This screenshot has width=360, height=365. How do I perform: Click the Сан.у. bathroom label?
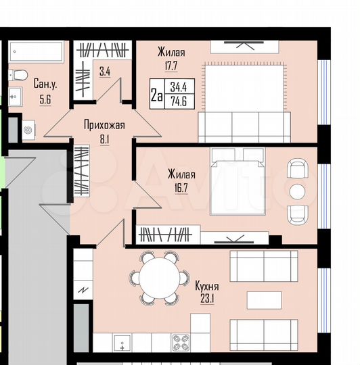pos(45,84)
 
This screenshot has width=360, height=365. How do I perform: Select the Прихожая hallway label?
pos(104,124)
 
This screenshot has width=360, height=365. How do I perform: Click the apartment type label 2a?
pos(156,96)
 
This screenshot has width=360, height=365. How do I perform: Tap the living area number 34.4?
pos(179,87)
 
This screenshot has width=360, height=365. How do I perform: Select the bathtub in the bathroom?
pos(36,51)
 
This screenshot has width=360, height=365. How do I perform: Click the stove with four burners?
pos(181,341)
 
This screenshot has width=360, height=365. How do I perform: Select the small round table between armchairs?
pos(297,191)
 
